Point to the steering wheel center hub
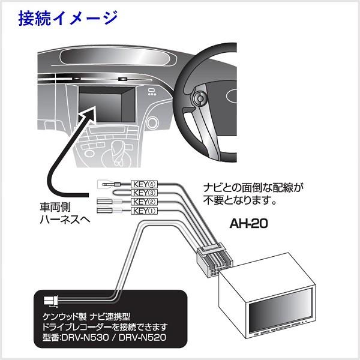click(200, 98)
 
